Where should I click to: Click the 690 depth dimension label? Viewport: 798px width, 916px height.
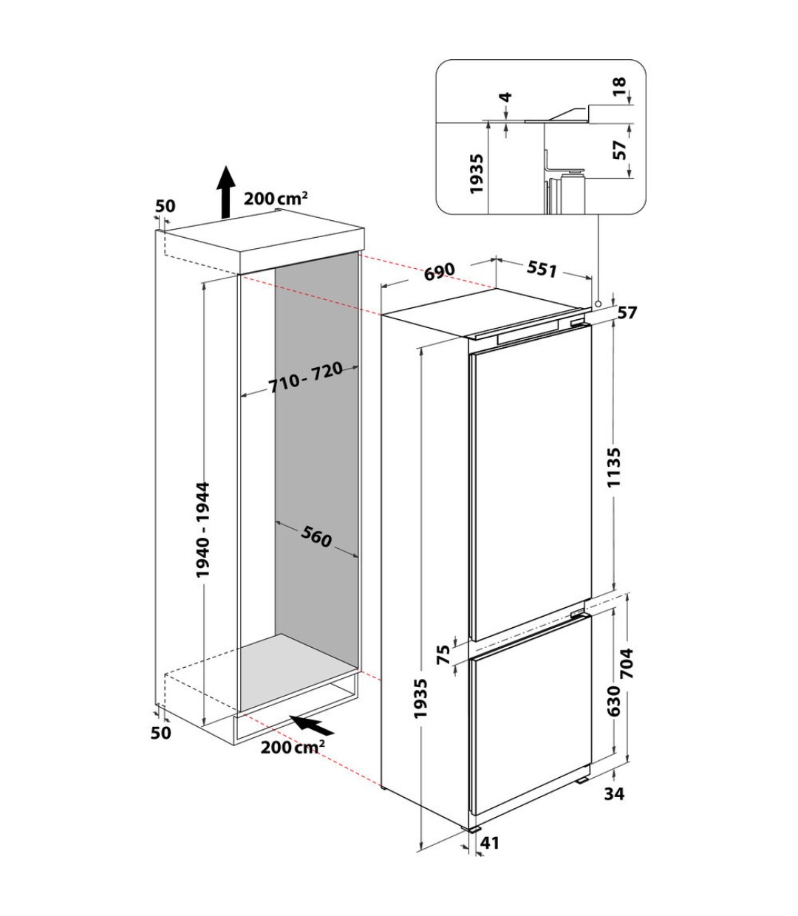point(440,271)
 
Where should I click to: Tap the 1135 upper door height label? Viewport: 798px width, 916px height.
point(615,467)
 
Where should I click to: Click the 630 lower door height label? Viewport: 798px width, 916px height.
point(614,700)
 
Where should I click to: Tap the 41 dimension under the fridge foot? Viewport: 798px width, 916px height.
point(489,843)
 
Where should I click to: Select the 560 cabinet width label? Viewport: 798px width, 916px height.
point(316,536)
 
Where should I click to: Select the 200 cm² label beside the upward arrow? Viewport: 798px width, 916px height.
point(276,198)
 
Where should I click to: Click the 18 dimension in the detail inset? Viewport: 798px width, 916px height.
point(619,87)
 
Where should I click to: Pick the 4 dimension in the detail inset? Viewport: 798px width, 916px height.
point(506,98)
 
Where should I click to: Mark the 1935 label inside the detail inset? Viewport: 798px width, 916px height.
point(477,174)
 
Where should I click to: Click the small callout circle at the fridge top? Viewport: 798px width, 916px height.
point(597,304)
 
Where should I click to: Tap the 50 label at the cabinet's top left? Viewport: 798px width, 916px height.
point(166,206)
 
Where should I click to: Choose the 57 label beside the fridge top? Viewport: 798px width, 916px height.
point(627,312)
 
